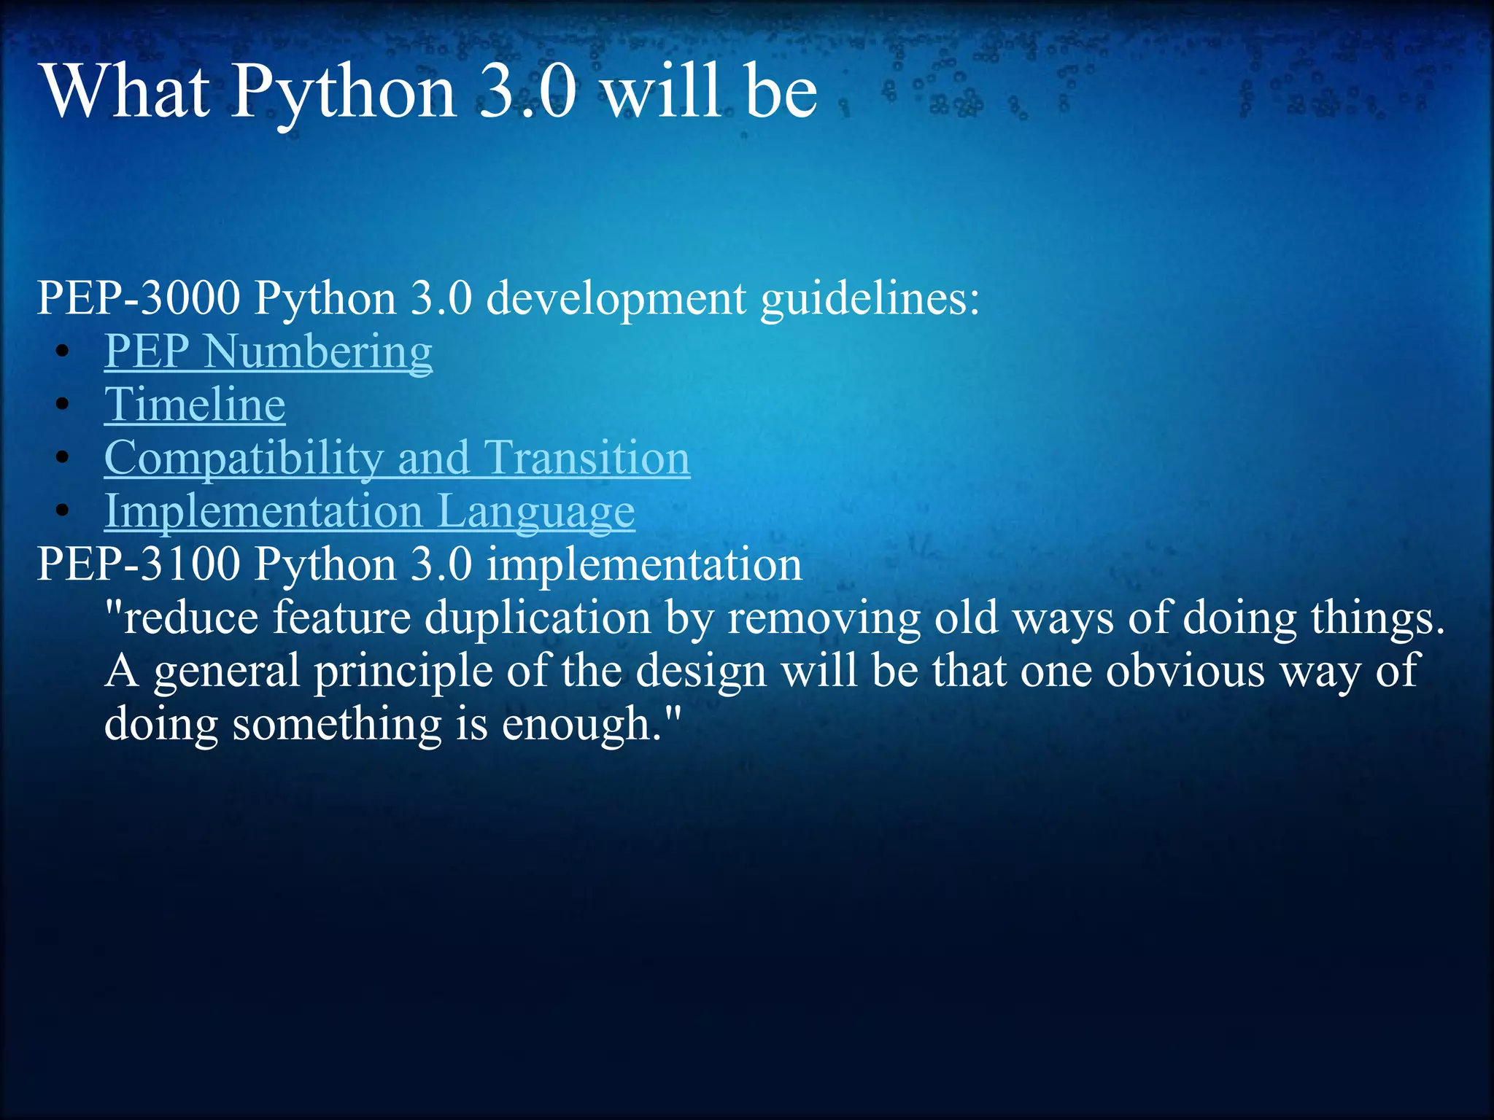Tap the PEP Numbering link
tap(268, 351)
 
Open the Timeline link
tap(195, 405)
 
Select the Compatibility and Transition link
tap(397, 458)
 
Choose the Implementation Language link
tap(369, 511)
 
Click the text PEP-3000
tap(139, 298)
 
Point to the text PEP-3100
tap(139, 564)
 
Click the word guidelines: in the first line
tap(870, 298)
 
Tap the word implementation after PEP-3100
tap(644, 564)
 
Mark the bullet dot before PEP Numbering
tap(63, 351)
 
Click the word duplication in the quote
tap(538, 618)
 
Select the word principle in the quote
tap(403, 671)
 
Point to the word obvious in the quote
tap(1185, 671)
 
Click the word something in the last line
tap(337, 724)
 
